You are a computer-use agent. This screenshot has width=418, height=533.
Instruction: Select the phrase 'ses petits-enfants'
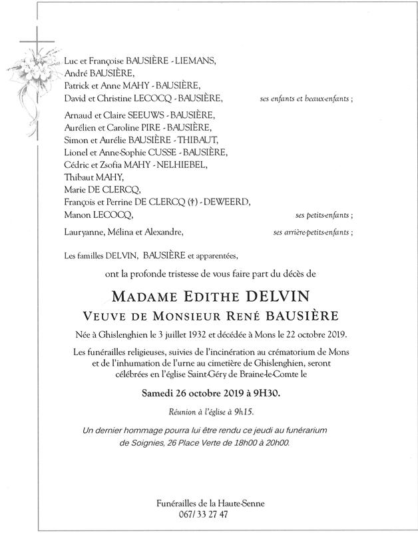[x=323, y=216]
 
